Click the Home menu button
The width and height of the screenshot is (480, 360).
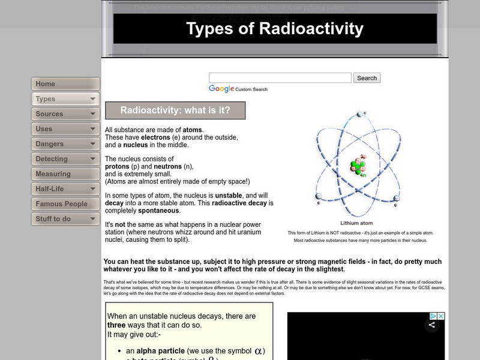click(65, 84)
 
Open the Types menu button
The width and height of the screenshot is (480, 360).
click(65, 99)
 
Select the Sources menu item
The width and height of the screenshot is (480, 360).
click(65, 114)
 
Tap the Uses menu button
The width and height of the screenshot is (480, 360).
click(65, 129)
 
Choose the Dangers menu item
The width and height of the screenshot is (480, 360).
click(65, 144)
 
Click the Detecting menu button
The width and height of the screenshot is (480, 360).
click(65, 159)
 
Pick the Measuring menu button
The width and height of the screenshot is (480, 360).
click(65, 174)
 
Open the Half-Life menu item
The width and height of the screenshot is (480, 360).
click(65, 189)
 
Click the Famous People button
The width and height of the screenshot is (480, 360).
click(65, 204)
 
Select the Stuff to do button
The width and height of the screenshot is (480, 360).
click(65, 219)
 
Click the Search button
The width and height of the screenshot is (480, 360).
click(367, 78)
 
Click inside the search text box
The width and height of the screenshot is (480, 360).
click(280, 78)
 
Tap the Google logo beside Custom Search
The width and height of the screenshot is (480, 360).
click(221, 89)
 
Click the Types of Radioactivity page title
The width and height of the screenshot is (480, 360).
click(275, 29)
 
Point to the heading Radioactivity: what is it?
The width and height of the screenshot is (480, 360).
click(175, 110)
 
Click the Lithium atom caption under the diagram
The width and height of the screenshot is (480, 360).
click(357, 223)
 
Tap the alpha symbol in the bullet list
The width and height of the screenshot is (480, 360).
click(259, 351)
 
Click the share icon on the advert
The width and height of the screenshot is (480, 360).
click(431, 325)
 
